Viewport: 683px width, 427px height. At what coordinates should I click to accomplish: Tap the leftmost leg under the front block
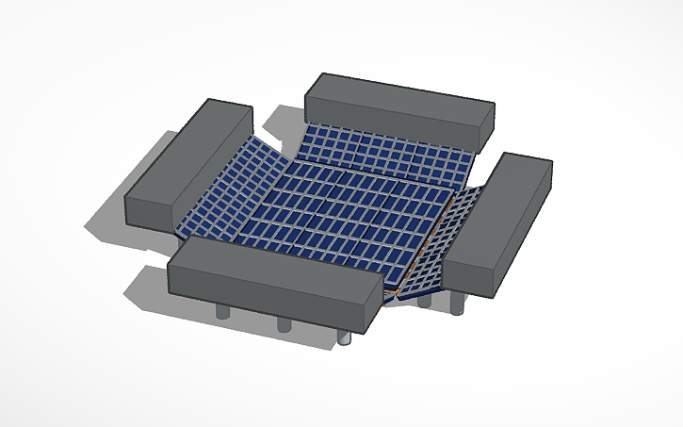(x=222, y=312)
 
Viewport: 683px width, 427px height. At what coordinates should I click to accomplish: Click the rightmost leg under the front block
(x=346, y=336)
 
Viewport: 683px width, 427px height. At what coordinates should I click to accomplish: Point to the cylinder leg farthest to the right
(x=459, y=304)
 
